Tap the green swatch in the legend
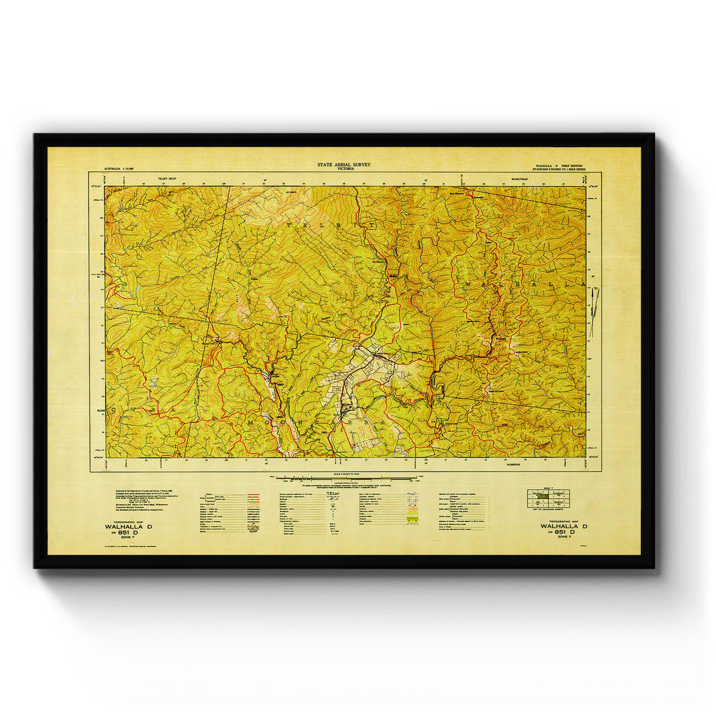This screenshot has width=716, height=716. click(411, 520)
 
